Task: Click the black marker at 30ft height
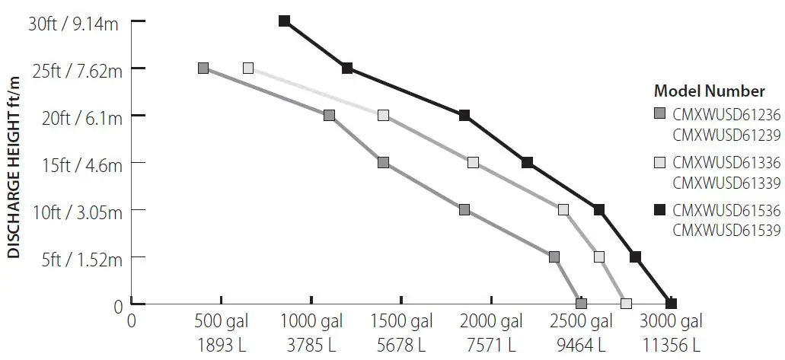[284, 21]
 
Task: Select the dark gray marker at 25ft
[203, 68]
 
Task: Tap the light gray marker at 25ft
[248, 68]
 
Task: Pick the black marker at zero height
[671, 304]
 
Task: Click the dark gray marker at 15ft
[383, 162]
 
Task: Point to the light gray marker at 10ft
[563, 209]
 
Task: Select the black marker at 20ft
[464, 115]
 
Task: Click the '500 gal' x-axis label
[221, 320]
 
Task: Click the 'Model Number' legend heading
[709, 91]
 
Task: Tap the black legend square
[660, 209]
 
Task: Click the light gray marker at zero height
[626, 304]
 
